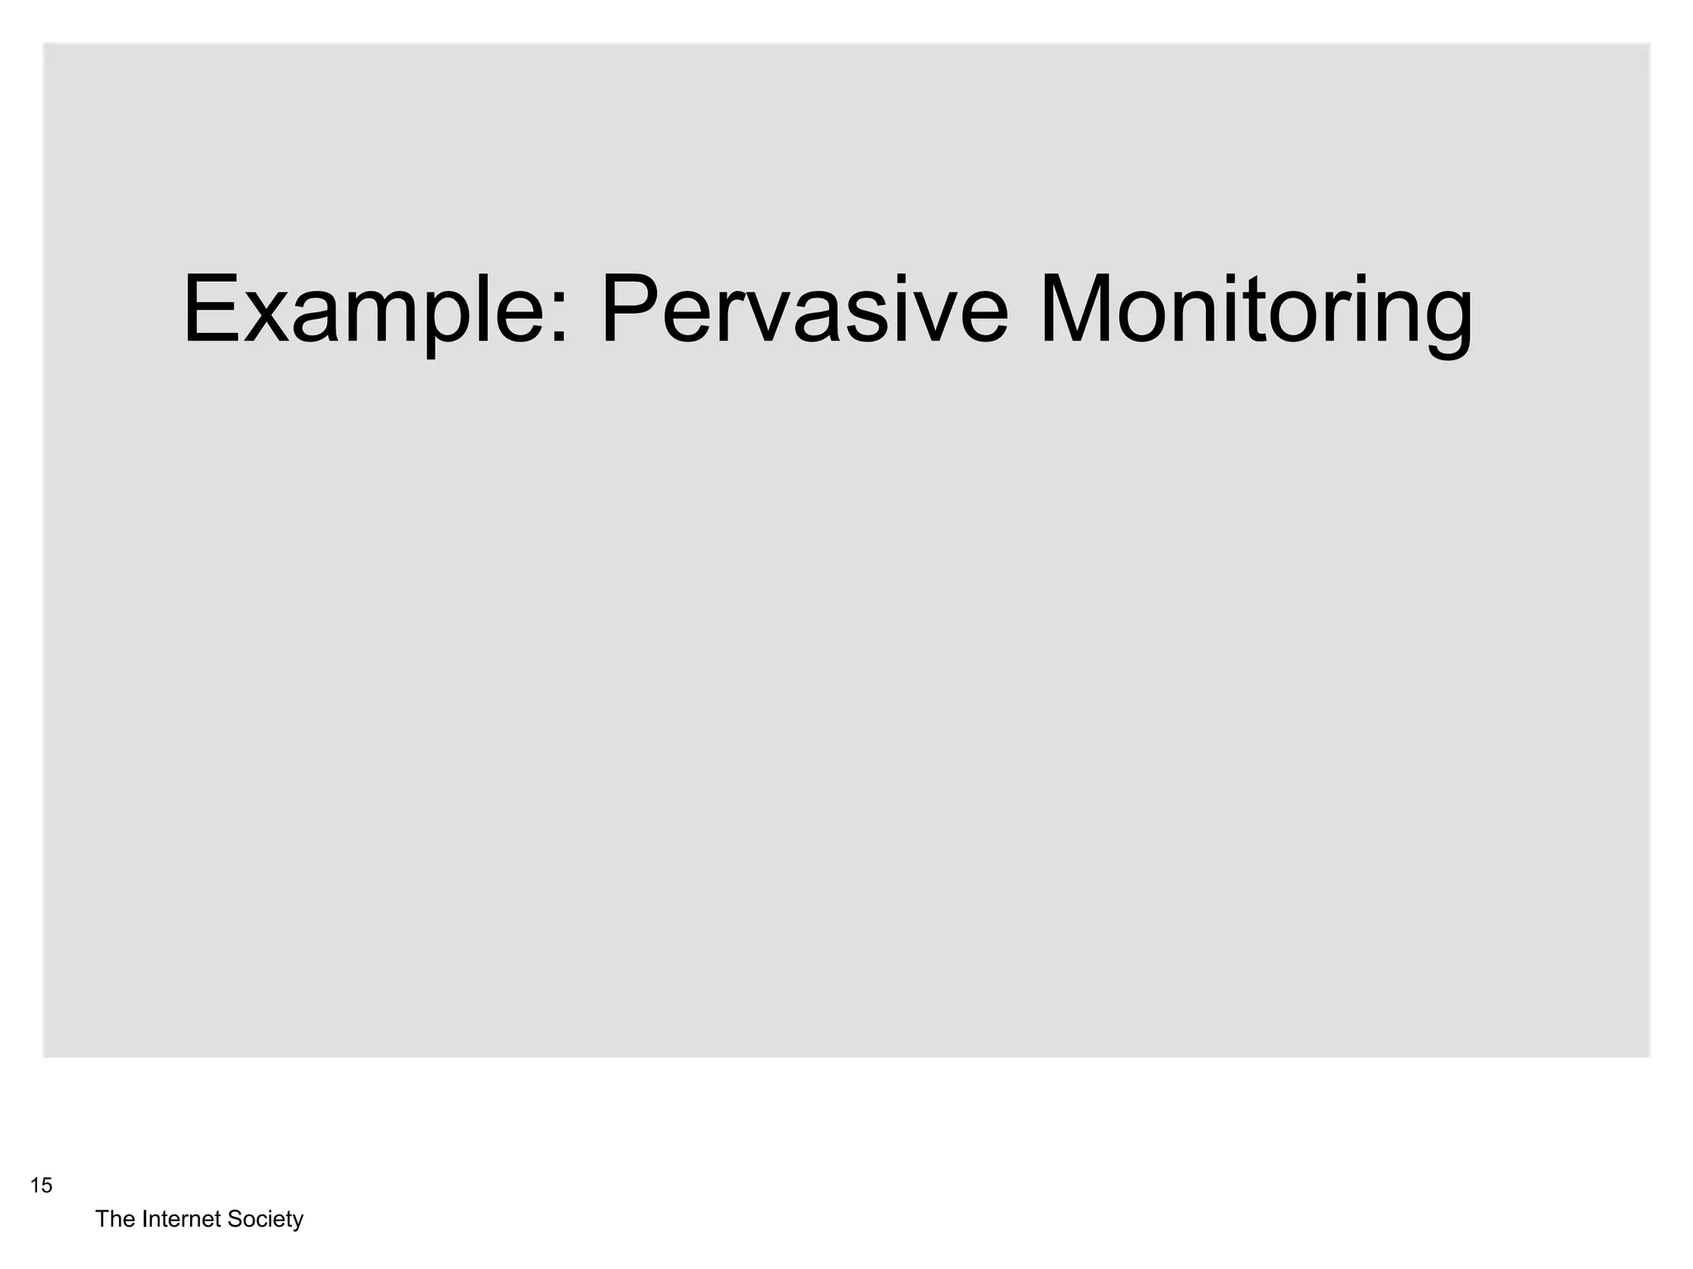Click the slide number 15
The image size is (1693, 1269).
(x=41, y=1186)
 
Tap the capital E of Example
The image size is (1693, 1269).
(x=208, y=311)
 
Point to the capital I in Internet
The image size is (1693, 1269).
(x=145, y=1219)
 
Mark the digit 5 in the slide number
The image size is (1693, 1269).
(x=46, y=1186)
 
